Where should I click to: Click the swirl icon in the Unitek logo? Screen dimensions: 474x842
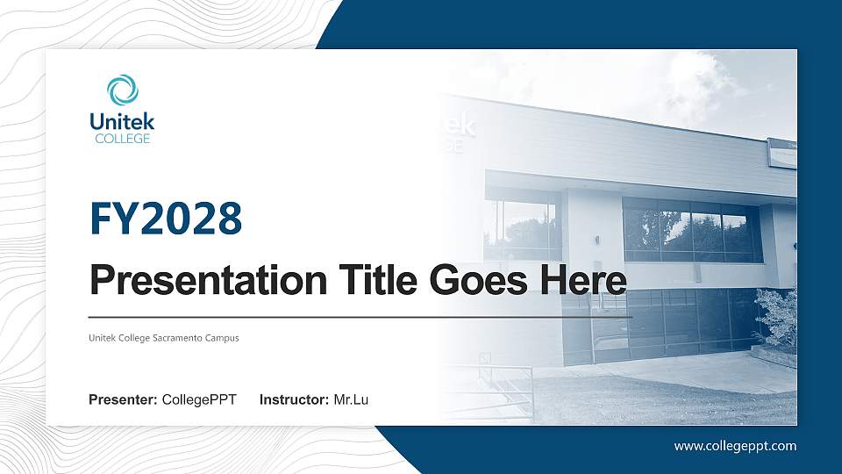(x=123, y=90)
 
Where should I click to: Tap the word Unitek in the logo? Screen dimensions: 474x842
(x=122, y=122)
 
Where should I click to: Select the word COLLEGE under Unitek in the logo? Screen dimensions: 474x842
(x=122, y=139)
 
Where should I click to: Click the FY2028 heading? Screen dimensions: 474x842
(x=166, y=219)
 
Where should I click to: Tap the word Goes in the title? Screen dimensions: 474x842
(x=472, y=282)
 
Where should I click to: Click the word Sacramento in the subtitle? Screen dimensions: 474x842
(x=180, y=338)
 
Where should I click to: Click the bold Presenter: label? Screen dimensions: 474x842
(x=123, y=400)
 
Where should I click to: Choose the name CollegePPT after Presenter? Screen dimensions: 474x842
(x=199, y=400)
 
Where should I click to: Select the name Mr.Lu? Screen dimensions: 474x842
(x=351, y=400)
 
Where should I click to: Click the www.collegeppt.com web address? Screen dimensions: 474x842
(x=735, y=446)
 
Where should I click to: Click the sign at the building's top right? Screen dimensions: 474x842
(x=781, y=153)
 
